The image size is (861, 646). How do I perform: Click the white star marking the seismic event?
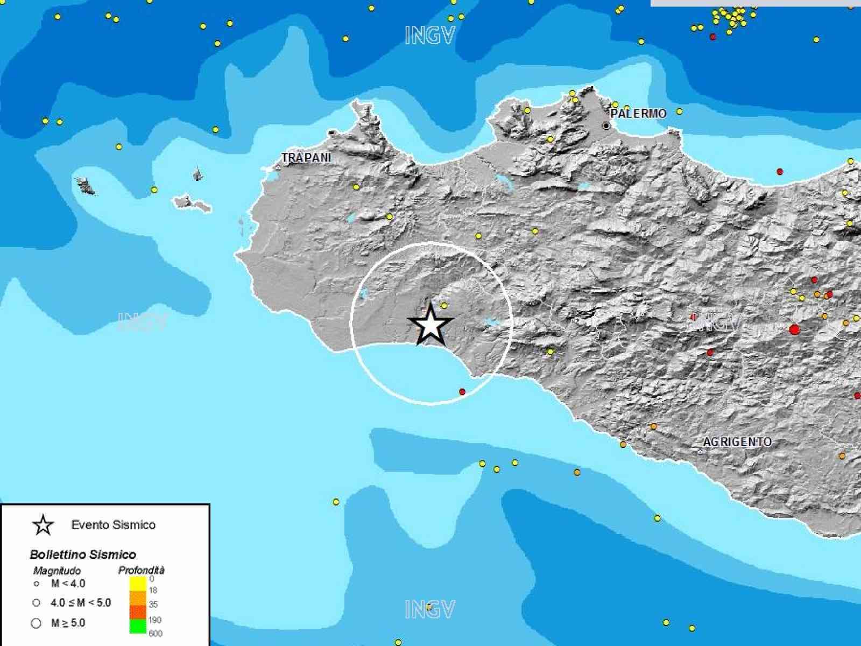tap(430, 325)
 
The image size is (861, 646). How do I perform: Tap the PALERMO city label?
tap(639, 114)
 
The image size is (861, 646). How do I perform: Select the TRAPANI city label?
tap(306, 158)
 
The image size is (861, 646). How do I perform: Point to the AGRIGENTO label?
tap(737, 442)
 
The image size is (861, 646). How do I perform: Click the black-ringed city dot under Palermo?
tap(606, 126)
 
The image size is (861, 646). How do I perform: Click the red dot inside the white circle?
tap(462, 392)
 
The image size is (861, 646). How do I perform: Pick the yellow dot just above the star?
tap(444, 305)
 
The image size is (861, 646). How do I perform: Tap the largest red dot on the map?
tap(794, 329)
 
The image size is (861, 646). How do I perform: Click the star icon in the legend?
tap(43, 525)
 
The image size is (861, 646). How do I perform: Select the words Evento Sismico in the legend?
tap(113, 525)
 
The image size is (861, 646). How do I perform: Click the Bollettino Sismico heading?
tap(83, 554)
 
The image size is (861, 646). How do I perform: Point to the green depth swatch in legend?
tap(138, 626)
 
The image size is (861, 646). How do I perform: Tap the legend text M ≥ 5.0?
tap(68, 623)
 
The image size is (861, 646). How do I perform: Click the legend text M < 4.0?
tap(68, 584)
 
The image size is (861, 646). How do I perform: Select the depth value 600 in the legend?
tap(156, 634)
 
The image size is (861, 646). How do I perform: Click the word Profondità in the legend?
tap(141, 570)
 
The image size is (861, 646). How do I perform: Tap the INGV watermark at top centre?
tap(429, 36)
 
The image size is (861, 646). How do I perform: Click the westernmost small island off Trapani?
tap(85, 186)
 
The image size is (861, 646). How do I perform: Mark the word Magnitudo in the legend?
tap(57, 570)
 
